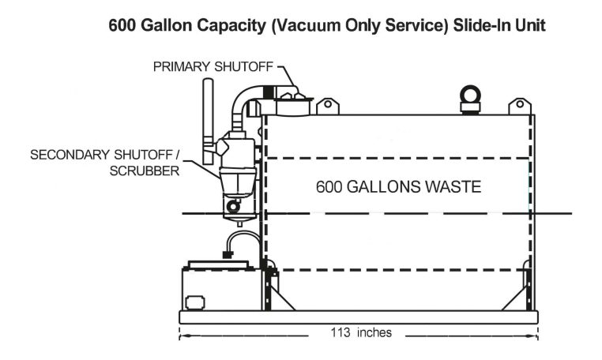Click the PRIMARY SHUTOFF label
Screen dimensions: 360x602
210,66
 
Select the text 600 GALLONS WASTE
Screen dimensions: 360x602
397,188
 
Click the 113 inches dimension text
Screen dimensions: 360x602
360,332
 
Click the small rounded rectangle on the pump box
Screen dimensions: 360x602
194,302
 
